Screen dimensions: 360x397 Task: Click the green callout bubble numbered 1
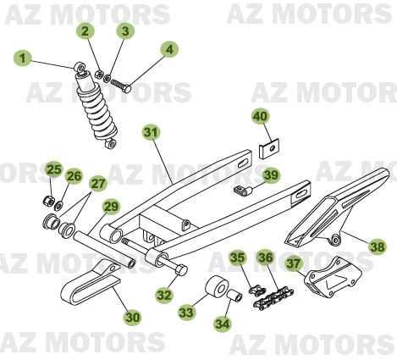[x=23, y=58]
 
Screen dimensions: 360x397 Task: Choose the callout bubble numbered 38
[x=378, y=246]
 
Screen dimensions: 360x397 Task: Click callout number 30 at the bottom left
[x=132, y=317]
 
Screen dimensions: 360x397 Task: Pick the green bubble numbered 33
[x=186, y=313]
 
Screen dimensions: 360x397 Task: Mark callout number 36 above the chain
[x=265, y=258]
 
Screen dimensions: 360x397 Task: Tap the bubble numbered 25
[x=53, y=169]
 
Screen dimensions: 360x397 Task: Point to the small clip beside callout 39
[x=245, y=191]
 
